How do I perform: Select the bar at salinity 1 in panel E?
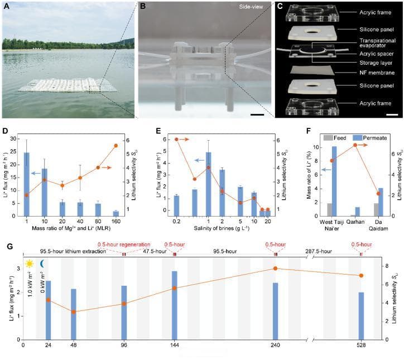[x=208, y=184]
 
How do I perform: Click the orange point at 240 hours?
[x=275, y=268]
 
